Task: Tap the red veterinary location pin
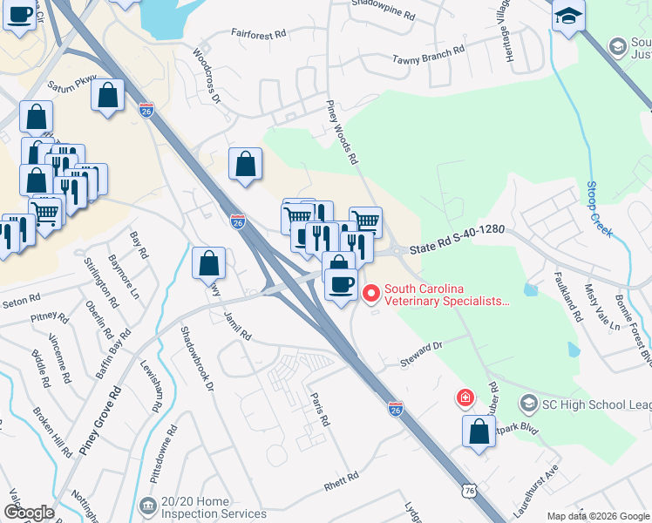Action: (x=370, y=295)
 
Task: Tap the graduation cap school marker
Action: (x=568, y=17)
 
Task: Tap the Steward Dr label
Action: (x=422, y=347)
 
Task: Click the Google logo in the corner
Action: (x=29, y=512)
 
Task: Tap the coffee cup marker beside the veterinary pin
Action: (x=341, y=284)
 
